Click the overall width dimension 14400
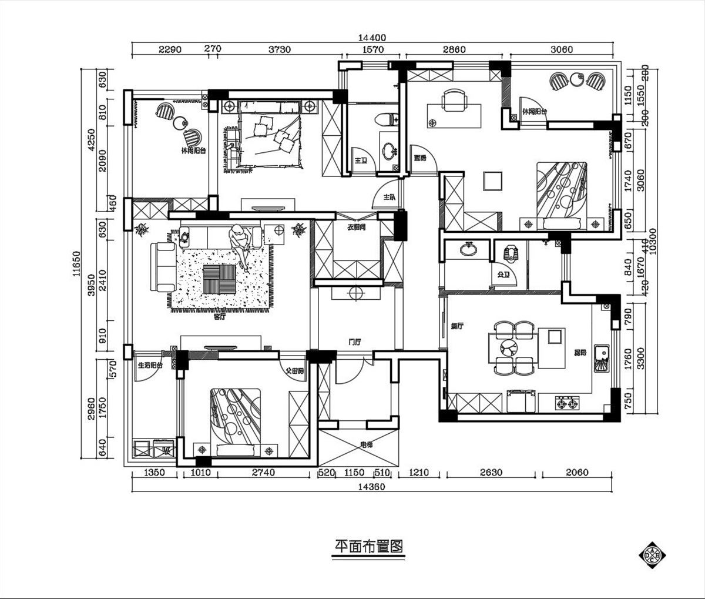click(374, 37)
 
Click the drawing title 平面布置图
click(365, 547)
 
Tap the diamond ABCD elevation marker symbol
click(653, 554)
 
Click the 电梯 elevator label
click(366, 445)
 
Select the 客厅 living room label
click(219, 316)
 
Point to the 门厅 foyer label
click(354, 342)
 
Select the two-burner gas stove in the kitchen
click(567, 404)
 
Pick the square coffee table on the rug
click(219, 279)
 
